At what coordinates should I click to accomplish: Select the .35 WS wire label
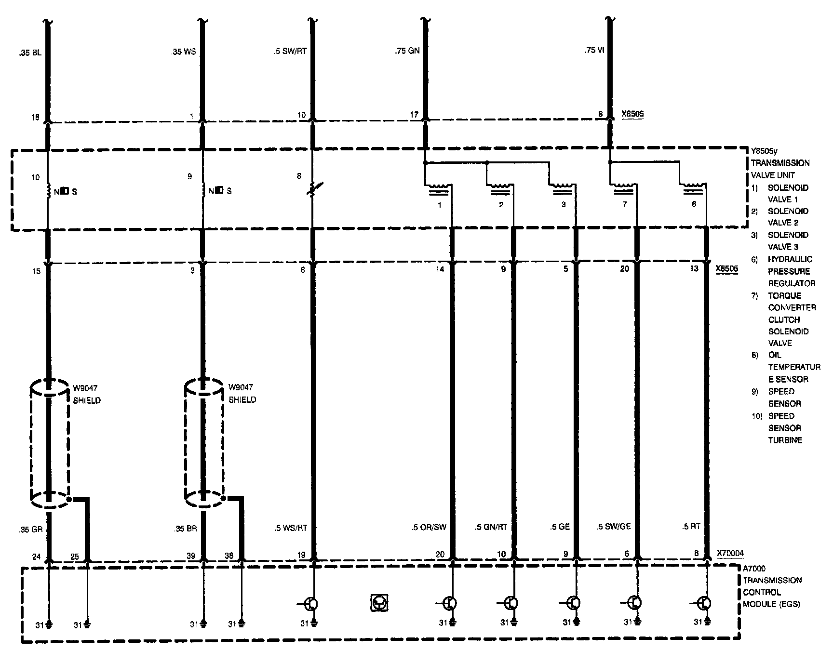184,52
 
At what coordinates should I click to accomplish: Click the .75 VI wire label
594,51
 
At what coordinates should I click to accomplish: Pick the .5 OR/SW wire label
429,527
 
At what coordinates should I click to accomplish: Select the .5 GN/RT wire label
491,527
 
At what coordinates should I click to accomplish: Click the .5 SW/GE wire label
613,527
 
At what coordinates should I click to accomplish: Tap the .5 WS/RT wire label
290,528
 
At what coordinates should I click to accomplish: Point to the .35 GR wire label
31,529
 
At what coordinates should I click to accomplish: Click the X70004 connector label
730,554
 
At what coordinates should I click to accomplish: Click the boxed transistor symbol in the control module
379,603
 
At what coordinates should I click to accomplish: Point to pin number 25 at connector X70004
75,556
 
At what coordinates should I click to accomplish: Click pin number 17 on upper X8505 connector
414,115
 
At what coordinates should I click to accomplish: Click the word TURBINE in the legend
785,440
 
